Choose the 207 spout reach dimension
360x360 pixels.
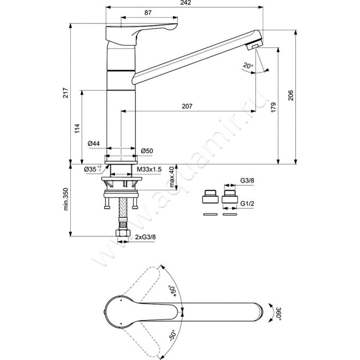[x=188, y=107]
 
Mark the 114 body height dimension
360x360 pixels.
[x=77, y=128]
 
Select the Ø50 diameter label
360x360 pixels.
[x=147, y=151]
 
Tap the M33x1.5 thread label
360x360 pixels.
[x=148, y=169]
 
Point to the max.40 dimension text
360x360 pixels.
[x=171, y=177]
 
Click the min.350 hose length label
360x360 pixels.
[x=66, y=199]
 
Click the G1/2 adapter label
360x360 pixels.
[x=246, y=203]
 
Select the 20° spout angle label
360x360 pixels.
[x=247, y=66]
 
